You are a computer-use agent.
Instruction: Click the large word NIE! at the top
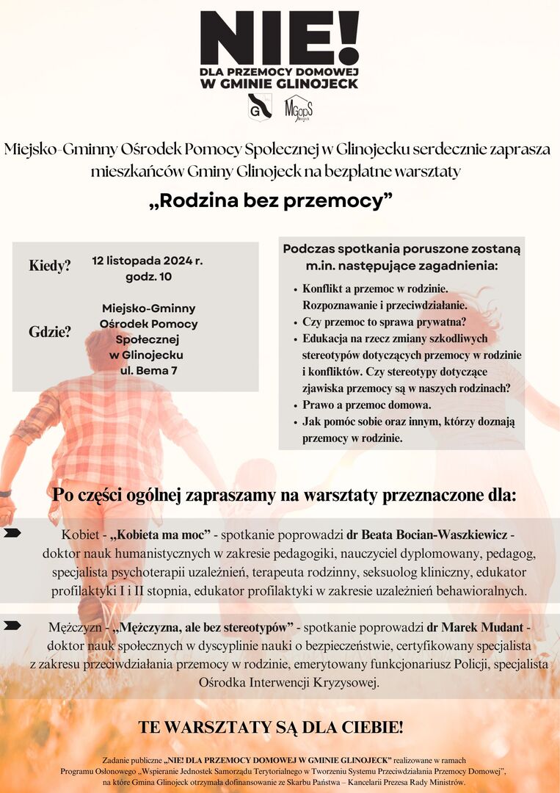279,38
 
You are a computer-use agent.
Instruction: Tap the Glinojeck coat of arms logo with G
260,106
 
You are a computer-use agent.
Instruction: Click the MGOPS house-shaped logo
298,107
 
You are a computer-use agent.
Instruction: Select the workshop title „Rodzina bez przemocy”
272,200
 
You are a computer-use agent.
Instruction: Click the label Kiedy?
50,266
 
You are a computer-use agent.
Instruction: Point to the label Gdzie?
50,332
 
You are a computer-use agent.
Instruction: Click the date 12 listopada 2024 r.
148,261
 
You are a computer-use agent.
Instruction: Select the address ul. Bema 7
149,370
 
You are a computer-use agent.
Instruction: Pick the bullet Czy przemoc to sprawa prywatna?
385,322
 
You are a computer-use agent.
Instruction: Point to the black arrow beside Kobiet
12,532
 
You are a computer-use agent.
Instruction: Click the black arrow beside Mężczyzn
12,626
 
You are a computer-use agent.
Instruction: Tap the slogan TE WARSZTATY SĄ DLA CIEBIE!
271,728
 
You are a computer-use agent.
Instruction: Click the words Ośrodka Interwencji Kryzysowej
289,682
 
